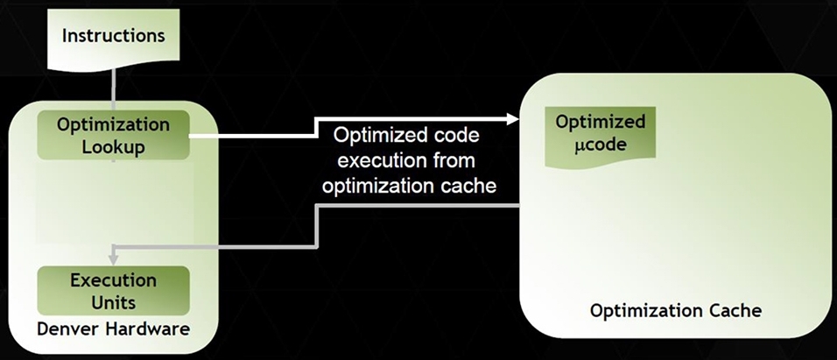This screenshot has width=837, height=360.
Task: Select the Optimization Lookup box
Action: [x=113, y=135]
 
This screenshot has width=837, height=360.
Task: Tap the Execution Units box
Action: [x=113, y=291]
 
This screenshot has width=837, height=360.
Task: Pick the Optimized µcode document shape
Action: [x=600, y=136]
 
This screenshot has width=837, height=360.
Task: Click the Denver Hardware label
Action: [x=113, y=329]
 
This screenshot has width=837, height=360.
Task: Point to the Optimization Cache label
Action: [x=675, y=310]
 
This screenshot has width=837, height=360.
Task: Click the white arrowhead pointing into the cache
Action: [x=513, y=119]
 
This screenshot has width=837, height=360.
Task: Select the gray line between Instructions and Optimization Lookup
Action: [x=113, y=86]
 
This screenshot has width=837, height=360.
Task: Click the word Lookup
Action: [x=113, y=147]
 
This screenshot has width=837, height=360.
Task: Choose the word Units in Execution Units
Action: [x=113, y=302]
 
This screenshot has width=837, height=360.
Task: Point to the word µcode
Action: [x=600, y=145]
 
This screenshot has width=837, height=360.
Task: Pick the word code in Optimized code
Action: [x=457, y=136]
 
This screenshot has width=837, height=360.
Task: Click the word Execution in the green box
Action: [x=113, y=280]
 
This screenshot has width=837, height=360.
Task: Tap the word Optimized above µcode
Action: [x=600, y=122]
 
